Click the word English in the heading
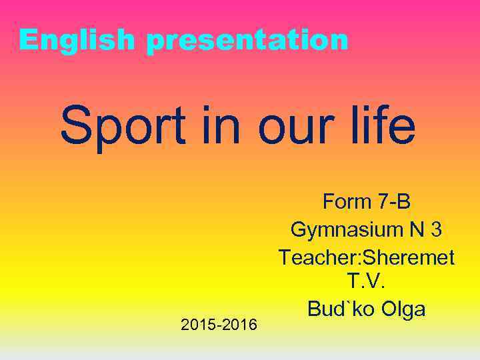[x=79, y=40]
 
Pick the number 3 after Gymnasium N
[x=436, y=229]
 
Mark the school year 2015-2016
[x=219, y=325]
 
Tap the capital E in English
[x=28, y=40]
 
